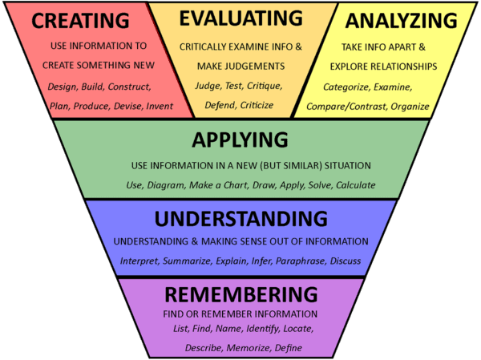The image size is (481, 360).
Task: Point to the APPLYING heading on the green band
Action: tap(240, 141)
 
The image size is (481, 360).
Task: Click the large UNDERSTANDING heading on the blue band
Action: tap(240, 219)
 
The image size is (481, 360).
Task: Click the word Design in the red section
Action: tap(63, 86)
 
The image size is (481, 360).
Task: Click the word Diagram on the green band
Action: tap(166, 185)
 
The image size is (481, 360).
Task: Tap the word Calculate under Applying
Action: tap(355, 185)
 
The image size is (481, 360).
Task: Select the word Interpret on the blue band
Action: tap(139, 261)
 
